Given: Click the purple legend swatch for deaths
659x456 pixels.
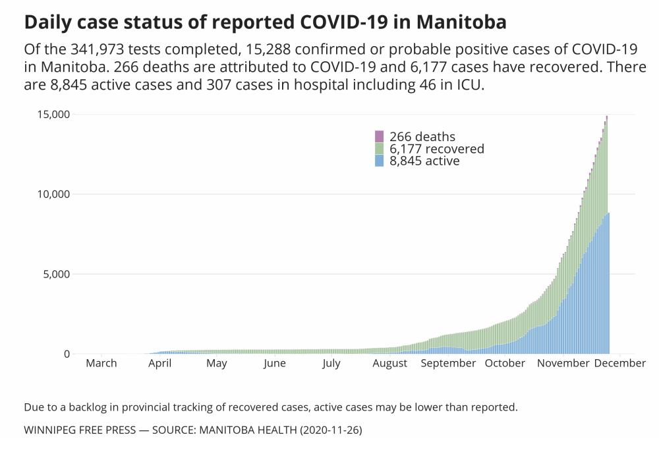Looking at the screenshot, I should pos(379,136).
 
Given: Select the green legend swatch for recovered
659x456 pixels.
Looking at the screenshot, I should pos(379,149).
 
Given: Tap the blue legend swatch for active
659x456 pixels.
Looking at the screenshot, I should pos(379,161).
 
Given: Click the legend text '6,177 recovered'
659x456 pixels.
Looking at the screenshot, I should pos(436,149).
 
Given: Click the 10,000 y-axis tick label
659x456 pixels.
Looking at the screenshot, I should pos(51,194).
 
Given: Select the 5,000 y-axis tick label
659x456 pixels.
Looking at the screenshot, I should pos(54,274).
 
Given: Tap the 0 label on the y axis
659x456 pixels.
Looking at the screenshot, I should pos(67,354).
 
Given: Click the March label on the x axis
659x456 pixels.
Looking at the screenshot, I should pos(101,363).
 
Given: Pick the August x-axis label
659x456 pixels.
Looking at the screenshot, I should pos(389,363).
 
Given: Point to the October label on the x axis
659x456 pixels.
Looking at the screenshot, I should pos(505,363).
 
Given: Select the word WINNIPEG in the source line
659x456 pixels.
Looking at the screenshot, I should pos(51,430).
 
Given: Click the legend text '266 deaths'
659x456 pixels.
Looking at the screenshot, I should pos(422,137).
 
